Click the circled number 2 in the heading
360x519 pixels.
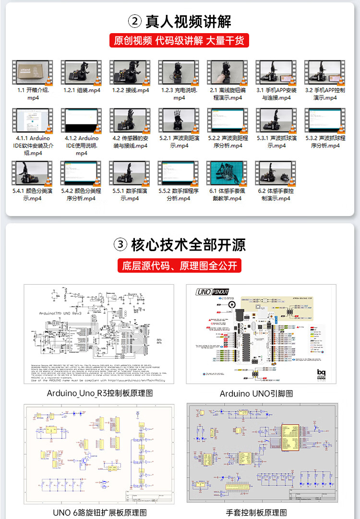pos(135,21)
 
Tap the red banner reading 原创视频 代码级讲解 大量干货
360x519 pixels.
pos(179,40)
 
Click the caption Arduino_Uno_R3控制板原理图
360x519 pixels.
pos(100,393)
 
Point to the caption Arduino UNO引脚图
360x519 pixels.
pos(256,394)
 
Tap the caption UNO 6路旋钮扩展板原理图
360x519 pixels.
pos(100,512)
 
